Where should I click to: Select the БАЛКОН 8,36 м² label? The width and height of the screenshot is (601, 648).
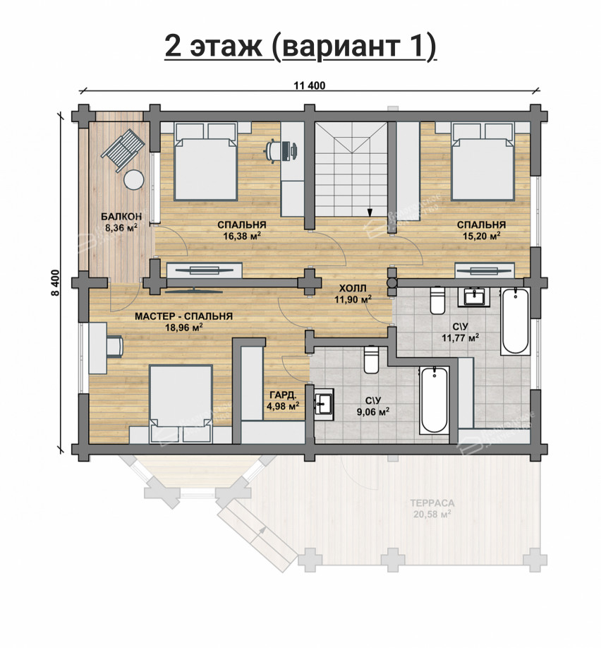121,222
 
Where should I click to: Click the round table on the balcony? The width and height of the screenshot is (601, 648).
133,181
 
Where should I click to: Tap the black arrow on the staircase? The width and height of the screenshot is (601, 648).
369,210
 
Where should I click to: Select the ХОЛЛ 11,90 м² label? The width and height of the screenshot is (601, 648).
353,294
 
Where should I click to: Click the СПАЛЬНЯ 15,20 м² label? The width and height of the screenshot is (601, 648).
480,230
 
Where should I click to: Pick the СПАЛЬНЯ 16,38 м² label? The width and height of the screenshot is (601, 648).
242,230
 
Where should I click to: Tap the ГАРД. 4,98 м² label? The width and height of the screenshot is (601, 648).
282,400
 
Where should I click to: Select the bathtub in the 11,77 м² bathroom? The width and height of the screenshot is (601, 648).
514,321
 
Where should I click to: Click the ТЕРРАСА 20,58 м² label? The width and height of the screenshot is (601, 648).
431,508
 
